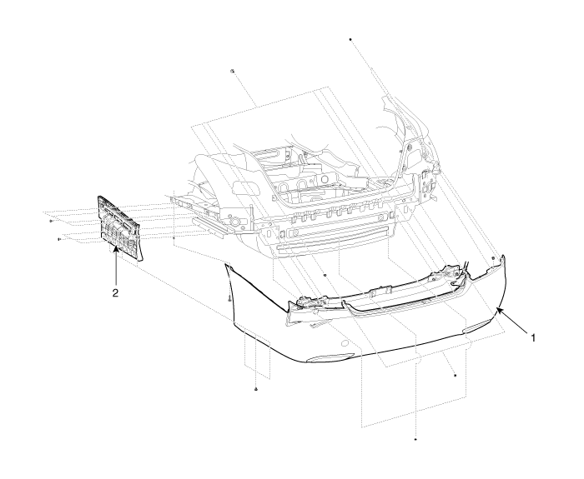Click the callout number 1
click(532, 337)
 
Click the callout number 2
click(115, 292)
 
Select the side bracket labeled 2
click(119, 227)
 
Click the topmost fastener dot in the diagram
click(350, 39)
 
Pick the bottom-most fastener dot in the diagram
click(415, 439)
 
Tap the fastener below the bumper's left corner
click(256, 389)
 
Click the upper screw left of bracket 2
click(51, 221)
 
